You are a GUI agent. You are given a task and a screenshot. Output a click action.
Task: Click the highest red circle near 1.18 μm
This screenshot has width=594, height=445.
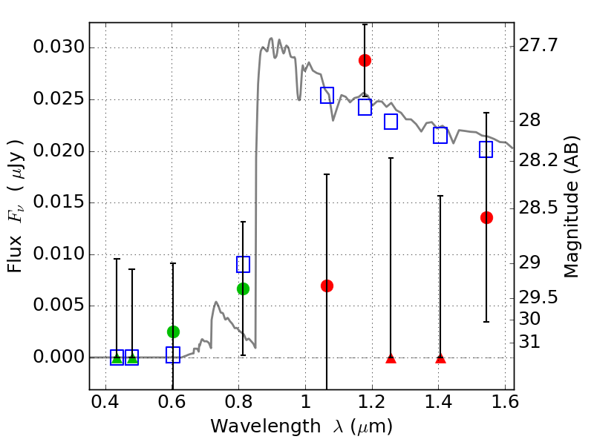[365, 60]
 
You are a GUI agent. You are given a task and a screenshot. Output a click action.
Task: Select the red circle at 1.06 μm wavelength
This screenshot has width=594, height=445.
[327, 286]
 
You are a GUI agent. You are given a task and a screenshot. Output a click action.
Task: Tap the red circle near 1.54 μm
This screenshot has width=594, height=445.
[486, 217]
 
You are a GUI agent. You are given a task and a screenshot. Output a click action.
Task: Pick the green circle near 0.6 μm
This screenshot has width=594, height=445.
[173, 332]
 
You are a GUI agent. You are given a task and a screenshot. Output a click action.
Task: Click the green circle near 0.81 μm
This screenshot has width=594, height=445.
[243, 289]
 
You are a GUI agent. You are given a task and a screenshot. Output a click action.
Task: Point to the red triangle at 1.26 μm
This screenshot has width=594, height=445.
[391, 358]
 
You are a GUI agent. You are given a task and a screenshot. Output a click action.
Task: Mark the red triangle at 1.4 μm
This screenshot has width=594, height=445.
[440, 358]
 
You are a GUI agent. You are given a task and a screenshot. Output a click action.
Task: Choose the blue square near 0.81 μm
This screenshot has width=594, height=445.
[243, 264]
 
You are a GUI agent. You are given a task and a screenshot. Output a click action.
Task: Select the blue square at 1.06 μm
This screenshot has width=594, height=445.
[327, 95]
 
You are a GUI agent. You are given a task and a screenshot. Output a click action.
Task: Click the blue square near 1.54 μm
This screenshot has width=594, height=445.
[486, 150]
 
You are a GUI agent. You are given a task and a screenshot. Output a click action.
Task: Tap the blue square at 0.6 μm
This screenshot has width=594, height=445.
[173, 355]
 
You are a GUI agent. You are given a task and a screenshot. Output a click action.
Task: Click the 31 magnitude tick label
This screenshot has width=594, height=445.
[532, 342]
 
